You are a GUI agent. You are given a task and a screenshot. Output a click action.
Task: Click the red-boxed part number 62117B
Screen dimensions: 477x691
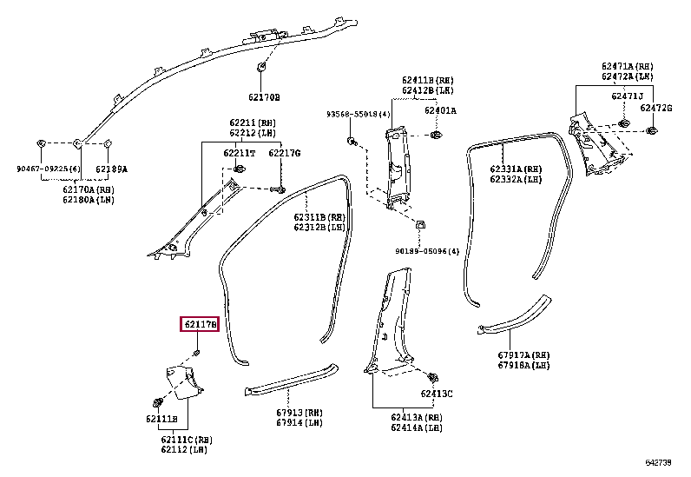tap(200, 325)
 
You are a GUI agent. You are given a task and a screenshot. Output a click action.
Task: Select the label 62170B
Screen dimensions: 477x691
tap(260, 97)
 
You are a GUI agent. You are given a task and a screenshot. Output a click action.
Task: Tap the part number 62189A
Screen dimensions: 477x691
tap(110, 169)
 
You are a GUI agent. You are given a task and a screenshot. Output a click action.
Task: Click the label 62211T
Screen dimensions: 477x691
tap(239, 153)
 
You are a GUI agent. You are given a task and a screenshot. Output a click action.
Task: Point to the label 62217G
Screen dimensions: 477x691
tap(284, 153)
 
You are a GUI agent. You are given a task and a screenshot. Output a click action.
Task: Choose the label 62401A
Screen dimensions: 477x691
tap(440, 110)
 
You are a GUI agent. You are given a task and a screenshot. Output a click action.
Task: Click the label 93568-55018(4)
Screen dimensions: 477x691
tap(359, 114)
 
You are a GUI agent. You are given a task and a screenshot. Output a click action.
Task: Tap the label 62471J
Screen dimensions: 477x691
tap(627, 96)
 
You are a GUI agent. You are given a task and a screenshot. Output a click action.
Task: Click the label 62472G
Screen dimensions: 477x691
tap(656, 107)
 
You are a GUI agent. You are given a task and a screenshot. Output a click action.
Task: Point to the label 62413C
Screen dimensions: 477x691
tap(437, 394)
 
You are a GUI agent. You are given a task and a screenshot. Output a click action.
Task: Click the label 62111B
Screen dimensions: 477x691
tap(161, 419)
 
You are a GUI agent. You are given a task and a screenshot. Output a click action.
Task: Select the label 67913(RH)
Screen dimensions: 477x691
tap(299, 413)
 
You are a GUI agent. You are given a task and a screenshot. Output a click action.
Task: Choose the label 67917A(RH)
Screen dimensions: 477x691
tap(523, 354)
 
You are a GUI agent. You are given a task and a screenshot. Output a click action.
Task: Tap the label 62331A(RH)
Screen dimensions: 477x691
tap(515, 169)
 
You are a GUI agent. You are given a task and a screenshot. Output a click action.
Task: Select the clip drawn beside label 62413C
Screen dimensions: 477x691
tap(431, 378)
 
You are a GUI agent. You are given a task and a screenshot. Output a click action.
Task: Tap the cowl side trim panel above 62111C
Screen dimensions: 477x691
tap(181, 382)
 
